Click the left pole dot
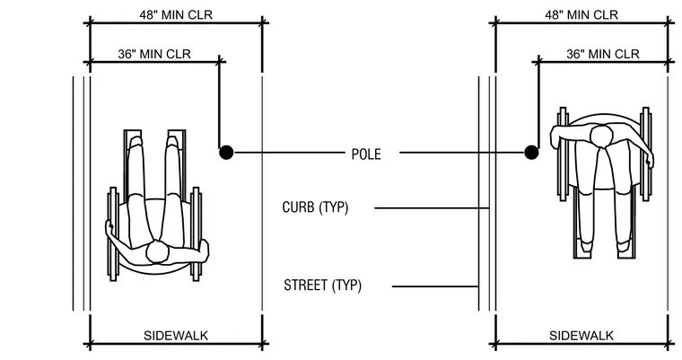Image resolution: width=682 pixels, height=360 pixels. [226, 153]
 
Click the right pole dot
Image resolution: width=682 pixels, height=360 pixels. [531, 153]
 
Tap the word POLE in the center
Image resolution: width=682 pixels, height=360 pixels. [366, 154]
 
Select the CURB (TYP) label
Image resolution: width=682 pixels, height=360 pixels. [315, 207]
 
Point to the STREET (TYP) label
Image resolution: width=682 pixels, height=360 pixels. [323, 285]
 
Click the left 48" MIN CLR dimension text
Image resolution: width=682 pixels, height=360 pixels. [176, 14]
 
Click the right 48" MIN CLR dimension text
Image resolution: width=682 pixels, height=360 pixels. [581, 14]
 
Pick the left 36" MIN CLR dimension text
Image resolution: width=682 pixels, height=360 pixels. [154, 54]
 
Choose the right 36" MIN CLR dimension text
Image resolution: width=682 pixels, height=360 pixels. [603, 54]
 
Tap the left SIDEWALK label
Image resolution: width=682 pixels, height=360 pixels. [176, 336]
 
